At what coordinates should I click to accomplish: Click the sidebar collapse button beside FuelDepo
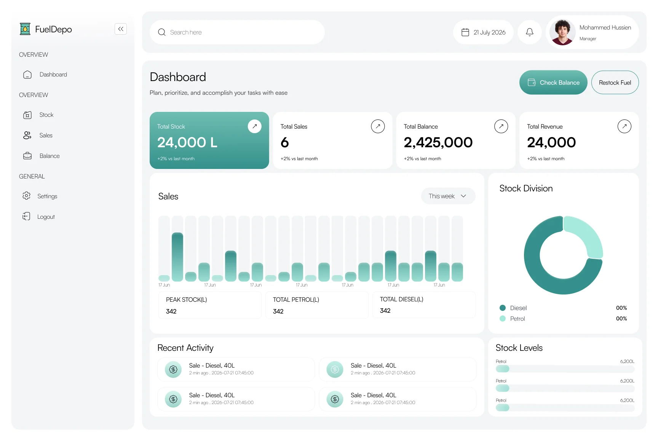coord(121,29)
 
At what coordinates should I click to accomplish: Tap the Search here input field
coord(237,32)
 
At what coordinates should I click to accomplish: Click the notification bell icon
coord(530,32)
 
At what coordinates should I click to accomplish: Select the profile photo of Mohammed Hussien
coord(562,32)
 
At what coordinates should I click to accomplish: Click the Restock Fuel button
coord(615,83)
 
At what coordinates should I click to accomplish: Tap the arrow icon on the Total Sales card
coord(378,126)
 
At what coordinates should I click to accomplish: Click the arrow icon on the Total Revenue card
coord(624,126)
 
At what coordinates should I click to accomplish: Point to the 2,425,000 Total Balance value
coord(438,143)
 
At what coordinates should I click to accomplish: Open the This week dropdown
coord(448,196)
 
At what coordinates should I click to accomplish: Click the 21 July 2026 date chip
coord(483,32)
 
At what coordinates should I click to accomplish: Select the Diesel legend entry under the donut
coord(513,308)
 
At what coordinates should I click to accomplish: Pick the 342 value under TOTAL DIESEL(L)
coord(385,310)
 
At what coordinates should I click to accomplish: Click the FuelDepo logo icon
coord(25,29)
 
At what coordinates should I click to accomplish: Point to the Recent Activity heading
coord(185,348)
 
